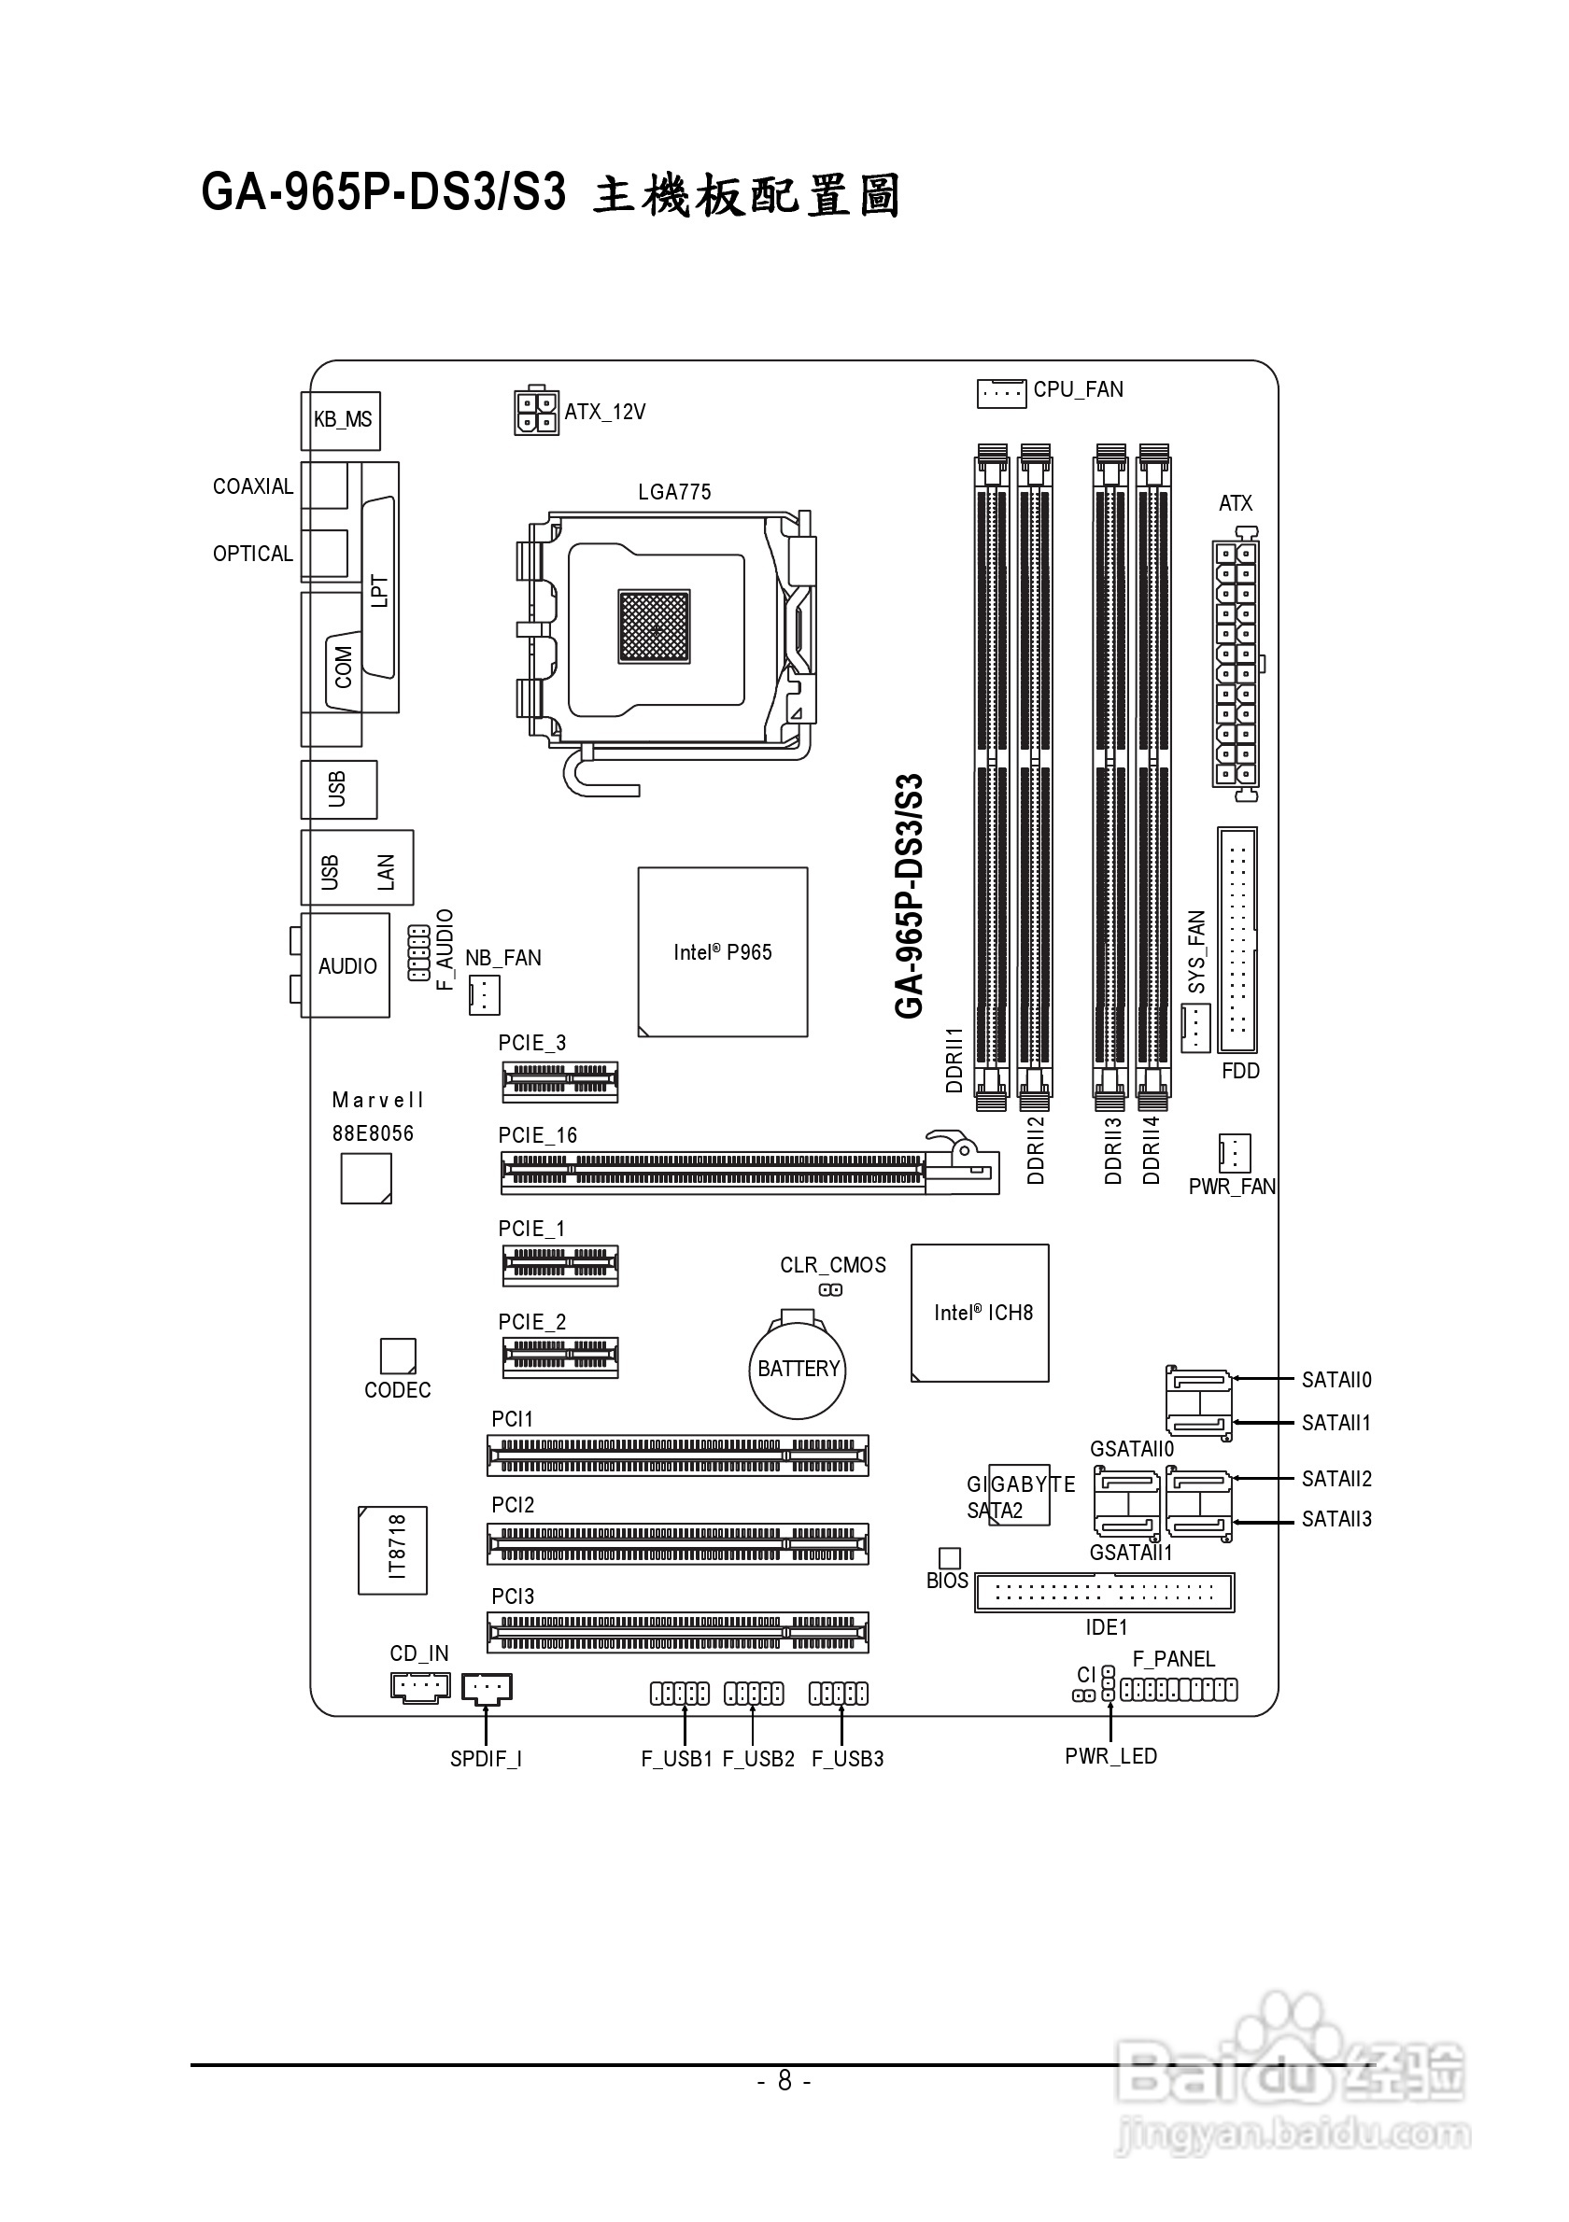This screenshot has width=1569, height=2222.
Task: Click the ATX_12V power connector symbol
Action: tap(535, 413)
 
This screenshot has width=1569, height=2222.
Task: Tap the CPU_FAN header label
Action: tap(1078, 390)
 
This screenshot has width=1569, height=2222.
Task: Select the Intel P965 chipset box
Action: tap(722, 952)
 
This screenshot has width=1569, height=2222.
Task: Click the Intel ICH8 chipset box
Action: tap(980, 1314)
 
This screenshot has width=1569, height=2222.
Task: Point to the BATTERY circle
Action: tap(798, 1370)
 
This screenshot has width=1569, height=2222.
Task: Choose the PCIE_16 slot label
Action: tap(537, 1136)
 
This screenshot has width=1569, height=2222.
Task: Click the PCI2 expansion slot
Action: tap(677, 1544)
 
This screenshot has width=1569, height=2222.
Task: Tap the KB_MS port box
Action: tap(342, 420)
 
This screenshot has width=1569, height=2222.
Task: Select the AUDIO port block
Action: tap(346, 966)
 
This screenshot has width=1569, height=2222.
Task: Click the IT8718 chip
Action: tap(393, 1551)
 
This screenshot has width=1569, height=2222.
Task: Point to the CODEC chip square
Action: tap(398, 1356)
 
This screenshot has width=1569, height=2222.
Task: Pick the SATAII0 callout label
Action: tap(1336, 1380)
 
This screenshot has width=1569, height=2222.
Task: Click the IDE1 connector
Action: tap(1105, 1592)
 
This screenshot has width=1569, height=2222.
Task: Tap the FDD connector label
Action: tap(1240, 1072)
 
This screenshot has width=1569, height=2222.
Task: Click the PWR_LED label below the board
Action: tap(1110, 1756)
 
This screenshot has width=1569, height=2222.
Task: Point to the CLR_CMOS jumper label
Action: tap(832, 1266)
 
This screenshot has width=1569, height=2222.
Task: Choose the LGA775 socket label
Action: tap(673, 493)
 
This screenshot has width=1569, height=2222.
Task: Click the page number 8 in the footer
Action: tap(784, 2081)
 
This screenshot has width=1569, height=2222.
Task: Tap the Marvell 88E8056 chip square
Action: tap(366, 1180)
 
